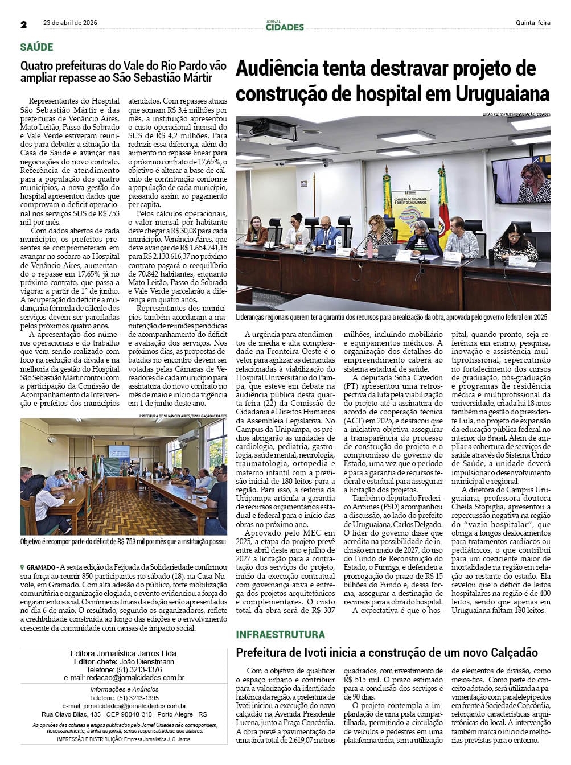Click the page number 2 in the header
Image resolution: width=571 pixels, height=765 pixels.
pos(24,24)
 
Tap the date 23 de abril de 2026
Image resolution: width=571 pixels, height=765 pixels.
pos(70,23)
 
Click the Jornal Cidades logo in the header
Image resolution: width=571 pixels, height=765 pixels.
pos(284,26)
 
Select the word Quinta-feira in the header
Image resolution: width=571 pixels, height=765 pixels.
pos(533,23)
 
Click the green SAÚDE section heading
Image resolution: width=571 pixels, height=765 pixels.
pos(36,47)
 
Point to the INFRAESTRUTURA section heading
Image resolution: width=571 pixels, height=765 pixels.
pos(280,634)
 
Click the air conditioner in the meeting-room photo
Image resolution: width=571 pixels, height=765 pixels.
pos(192,437)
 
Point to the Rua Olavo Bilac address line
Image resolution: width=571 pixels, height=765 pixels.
pos(124,714)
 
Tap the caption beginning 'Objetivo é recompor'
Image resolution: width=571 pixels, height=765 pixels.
pos(123,542)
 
